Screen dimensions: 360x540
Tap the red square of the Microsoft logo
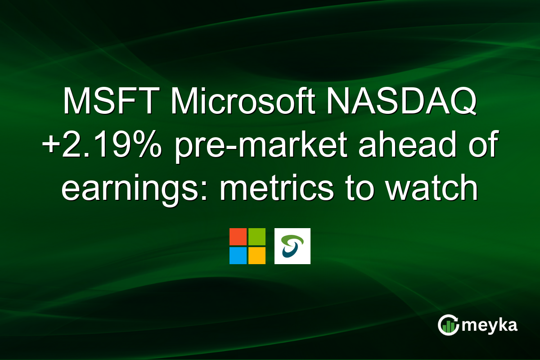(238, 237)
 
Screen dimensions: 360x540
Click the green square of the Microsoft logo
(256, 237)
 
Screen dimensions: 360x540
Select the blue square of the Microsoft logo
(238, 255)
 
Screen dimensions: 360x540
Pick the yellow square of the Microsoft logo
(256, 255)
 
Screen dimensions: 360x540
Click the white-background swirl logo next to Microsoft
(292, 246)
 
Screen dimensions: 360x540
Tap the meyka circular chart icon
(448, 325)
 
